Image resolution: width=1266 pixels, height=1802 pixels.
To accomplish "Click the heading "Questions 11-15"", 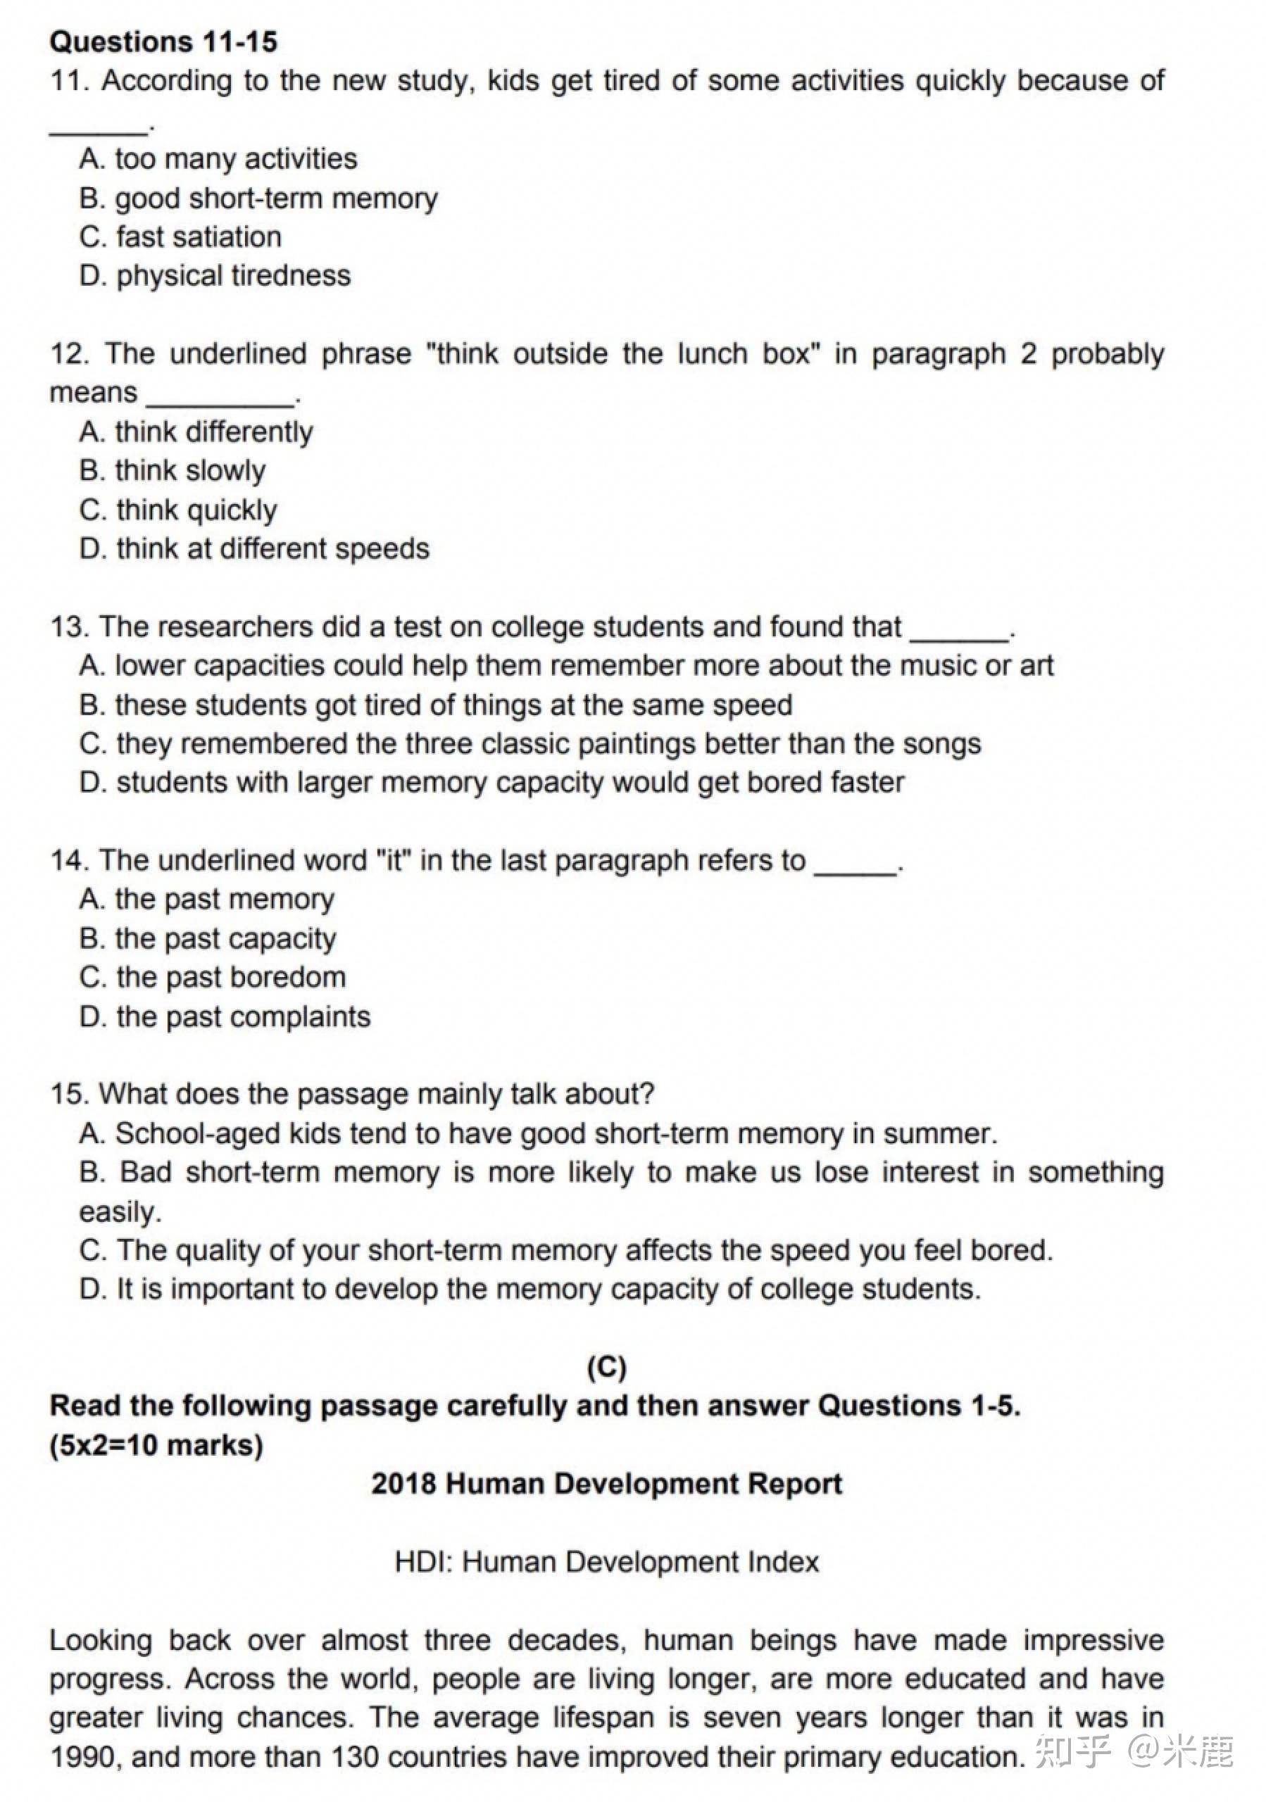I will (163, 42).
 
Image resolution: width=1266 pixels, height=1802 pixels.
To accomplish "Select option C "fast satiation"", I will (180, 237).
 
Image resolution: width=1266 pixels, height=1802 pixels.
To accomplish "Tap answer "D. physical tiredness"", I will (215, 275).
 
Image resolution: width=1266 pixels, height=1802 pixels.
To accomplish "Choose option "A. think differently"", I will (196, 431).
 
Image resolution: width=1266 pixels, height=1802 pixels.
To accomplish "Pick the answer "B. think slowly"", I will (173, 471).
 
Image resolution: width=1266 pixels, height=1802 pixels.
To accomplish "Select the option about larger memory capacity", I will (492, 783).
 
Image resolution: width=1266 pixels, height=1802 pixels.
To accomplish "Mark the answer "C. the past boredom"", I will (213, 978).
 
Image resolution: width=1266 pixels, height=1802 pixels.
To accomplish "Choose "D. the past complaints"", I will (225, 1017).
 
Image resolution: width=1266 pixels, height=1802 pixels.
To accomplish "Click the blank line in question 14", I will (856, 871).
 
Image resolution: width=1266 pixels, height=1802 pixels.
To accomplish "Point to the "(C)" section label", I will (607, 1368).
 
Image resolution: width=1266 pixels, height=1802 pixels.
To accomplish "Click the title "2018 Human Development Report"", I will (607, 1484).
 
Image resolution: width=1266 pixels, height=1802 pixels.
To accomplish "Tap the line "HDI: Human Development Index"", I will (607, 1562).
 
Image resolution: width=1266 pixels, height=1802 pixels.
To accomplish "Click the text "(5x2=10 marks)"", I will (156, 1446).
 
